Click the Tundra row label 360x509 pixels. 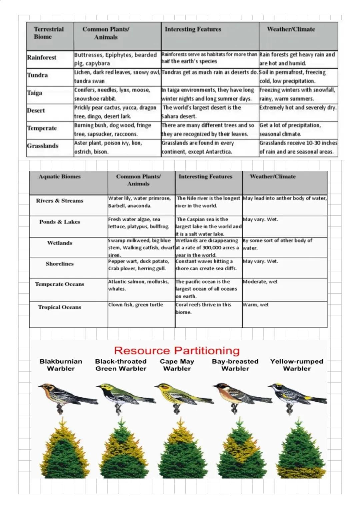click(37, 75)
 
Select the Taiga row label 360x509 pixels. click(35, 93)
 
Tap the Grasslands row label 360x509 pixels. click(43, 146)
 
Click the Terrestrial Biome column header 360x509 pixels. click(49, 33)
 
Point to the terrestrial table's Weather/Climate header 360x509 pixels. click(291, 29)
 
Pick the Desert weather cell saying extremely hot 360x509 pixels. click(298, 108)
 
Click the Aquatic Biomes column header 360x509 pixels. click(60, 177)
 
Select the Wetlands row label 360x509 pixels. click(60, 243)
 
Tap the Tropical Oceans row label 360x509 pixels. click(60, 307)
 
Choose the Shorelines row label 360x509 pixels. click(60, 264)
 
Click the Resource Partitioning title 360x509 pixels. click(177, 350)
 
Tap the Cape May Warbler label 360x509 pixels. click(177, 365)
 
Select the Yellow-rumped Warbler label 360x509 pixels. click(297, 365)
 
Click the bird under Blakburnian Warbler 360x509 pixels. click(62, 395)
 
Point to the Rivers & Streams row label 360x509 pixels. click(60, 201)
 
